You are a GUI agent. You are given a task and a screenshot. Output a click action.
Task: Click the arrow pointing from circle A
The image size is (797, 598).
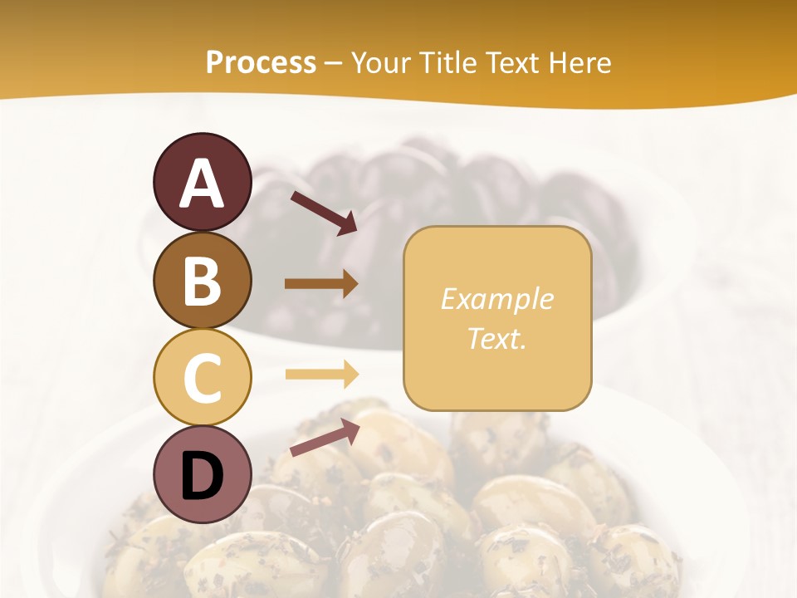324,213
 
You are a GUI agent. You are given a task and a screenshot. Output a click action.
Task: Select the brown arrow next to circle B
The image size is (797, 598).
321,284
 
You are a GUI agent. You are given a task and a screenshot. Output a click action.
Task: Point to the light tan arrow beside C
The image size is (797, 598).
321,374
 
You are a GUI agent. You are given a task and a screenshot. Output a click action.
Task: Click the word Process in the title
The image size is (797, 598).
261,63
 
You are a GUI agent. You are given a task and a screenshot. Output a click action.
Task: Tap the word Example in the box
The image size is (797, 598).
496,300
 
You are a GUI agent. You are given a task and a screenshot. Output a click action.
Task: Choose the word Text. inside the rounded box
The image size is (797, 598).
496,338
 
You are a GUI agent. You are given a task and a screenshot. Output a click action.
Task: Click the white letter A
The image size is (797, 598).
202,184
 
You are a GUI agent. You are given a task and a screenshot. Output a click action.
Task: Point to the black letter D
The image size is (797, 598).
202,477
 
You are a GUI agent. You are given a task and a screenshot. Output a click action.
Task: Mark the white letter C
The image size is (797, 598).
202,379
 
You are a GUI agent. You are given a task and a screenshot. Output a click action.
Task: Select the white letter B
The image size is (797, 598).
202,281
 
